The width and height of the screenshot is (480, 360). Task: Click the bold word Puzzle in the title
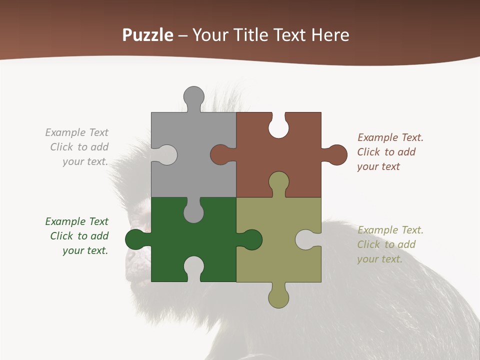[x=148, y=35]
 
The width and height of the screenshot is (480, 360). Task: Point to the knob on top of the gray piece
[x=193, y=96]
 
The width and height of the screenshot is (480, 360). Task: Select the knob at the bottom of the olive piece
[x=278, y=298]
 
